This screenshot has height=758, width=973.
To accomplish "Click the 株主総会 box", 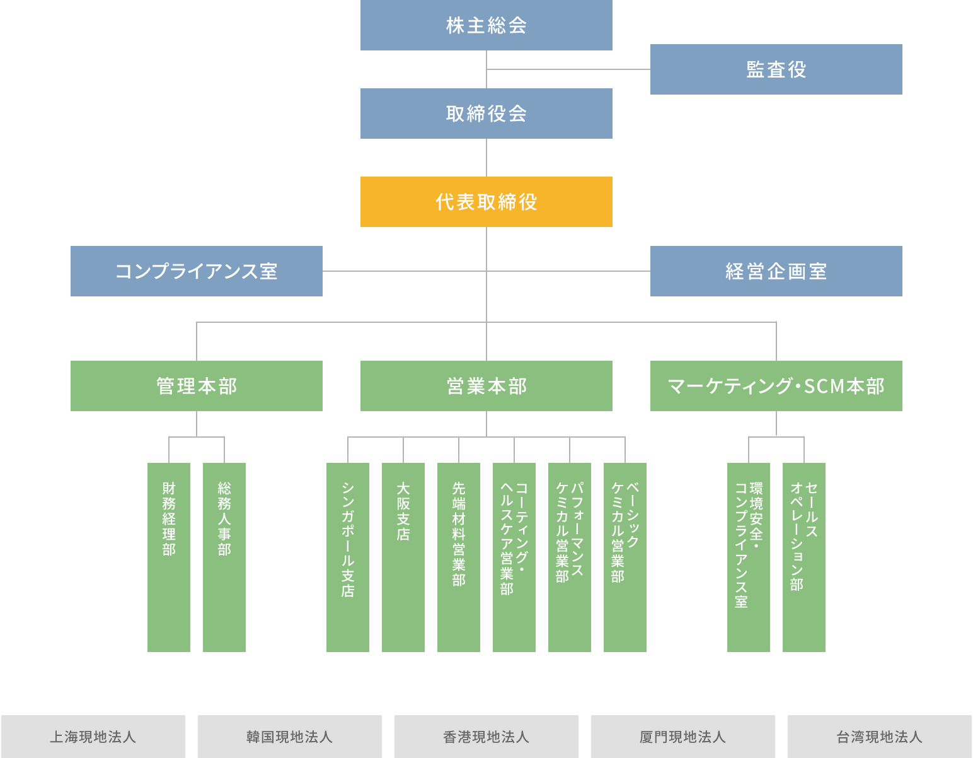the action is (x=486, y=25).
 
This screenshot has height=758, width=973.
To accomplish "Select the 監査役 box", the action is (x=776, y=69).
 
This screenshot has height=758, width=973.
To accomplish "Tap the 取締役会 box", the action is (x=486, y=114).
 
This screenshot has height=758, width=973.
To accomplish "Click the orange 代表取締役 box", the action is (x=486, y=202).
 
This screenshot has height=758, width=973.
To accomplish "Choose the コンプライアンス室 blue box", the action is (x=196, y=271).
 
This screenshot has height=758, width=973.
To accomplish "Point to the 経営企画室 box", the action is (x=776, y=271).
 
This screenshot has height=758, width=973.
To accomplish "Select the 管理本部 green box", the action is (x=196, y=386).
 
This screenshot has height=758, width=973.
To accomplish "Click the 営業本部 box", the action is (x=486, y=386).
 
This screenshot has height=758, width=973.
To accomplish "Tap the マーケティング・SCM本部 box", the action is (x=776, y=386).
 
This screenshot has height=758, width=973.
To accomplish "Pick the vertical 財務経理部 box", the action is (x=169, y=557).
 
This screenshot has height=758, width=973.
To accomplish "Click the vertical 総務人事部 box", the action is (x=224, y=557).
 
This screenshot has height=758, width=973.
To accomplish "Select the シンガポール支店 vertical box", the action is (x=348, y=557).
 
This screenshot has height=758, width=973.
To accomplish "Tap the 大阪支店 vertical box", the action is (x=403, y=557).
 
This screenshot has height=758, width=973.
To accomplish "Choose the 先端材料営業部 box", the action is (x=459, y=557).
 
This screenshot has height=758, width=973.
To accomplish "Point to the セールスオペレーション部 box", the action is (x=803, y=557).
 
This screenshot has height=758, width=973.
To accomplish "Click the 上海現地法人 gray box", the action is (x=93, y=737).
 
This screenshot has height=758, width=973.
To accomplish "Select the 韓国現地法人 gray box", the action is (x=290, y=737).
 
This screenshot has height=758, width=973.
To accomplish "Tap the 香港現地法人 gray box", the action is (x=486, y=737).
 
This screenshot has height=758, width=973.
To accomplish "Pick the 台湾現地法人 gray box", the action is (x=879, y=737).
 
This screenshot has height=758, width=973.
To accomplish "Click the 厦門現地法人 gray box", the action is (x=683, y=737).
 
